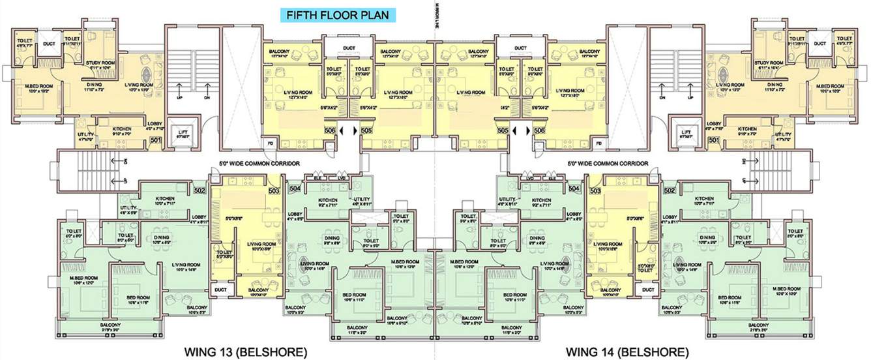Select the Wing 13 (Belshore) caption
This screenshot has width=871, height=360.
(244, 352)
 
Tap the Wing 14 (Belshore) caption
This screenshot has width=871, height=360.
(627, 352)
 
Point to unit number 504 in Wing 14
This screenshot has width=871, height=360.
(574, 188)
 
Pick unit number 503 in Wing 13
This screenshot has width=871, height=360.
(274, 190)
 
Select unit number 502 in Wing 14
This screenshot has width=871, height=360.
(670, 190)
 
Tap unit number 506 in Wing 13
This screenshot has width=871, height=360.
(331, 130)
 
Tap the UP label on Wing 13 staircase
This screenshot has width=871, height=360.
(179, 98)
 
